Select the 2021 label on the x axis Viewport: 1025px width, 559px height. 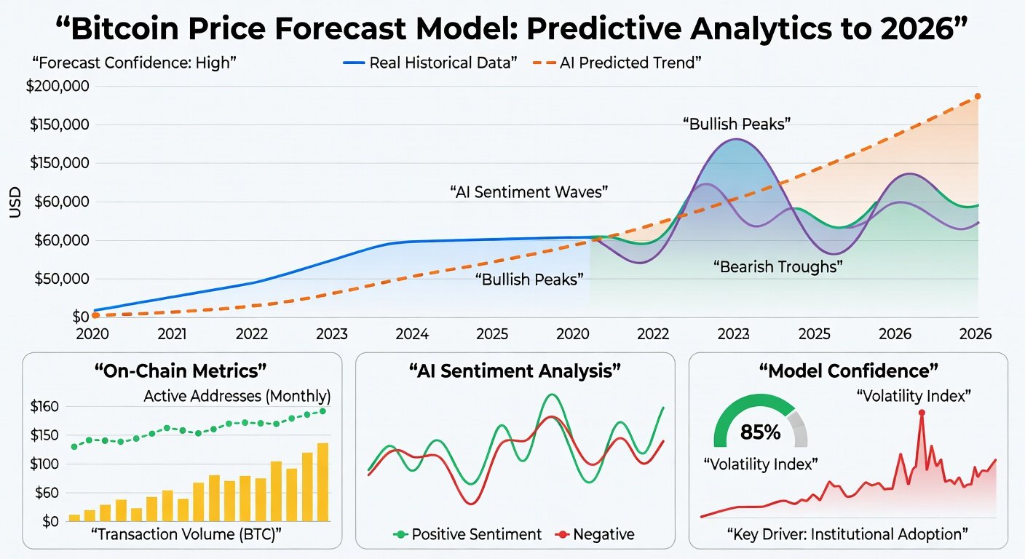pos(173,334)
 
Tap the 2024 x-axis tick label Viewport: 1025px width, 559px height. pos(411,334)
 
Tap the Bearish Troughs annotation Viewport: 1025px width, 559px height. pos(777,266)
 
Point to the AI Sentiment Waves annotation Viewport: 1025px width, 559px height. pos(529,193)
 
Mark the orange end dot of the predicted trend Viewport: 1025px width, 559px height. pos(978,96)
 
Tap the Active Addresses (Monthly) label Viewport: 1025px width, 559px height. pos(237,397)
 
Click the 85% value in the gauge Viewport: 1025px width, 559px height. pos(760,432)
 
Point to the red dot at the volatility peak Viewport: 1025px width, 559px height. pos(922,413)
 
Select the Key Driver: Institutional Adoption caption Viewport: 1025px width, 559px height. pos(847,534)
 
